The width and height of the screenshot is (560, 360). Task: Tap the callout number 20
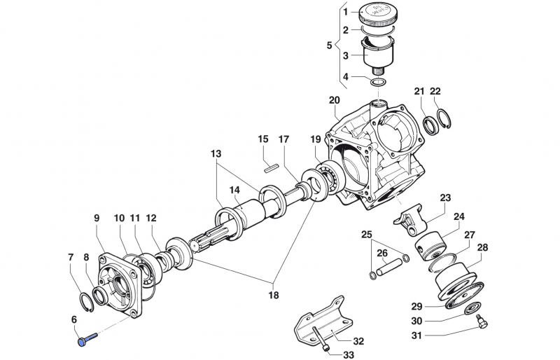(x=334, y=100)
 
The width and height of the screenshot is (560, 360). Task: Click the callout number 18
(x=273, y=295)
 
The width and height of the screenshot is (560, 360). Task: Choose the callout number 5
(x=330, y=46)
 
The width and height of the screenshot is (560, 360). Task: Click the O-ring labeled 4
(x=379, y=83)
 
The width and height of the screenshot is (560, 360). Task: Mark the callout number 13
(x=215, y=153)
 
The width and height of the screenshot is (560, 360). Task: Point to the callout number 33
(x=349, y=354)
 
